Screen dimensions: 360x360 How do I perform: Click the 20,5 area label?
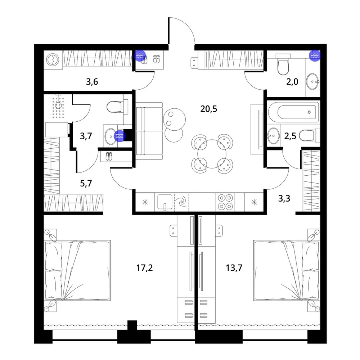tap(208, 109)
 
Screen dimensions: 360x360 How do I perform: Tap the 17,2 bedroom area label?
tap(144, 268)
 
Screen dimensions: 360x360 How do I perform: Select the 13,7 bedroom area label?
tap(234, 268)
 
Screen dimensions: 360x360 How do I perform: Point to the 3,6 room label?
tap(92, 81)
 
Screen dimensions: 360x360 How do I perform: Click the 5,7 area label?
tap(86, 183)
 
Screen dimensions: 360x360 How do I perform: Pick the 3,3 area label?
tap(284, 198)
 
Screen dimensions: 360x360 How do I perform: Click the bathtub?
tap(294, 112)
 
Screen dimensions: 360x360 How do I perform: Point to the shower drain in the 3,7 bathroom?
tap(58, 105)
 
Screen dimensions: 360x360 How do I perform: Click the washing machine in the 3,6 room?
tap(53, 60)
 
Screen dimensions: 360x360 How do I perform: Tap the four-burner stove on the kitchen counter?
tap(225, 202)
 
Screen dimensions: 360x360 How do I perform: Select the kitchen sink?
tap(165, 202)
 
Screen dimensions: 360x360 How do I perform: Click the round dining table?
tap(212, 154)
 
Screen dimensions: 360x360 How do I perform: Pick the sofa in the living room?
tap(149, 131)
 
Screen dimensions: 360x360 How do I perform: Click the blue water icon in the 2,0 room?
tap(315, 55)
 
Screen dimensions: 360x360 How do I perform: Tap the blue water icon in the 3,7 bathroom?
tap(120, 136)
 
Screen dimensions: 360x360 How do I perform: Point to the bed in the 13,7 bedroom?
tap(287, 270)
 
